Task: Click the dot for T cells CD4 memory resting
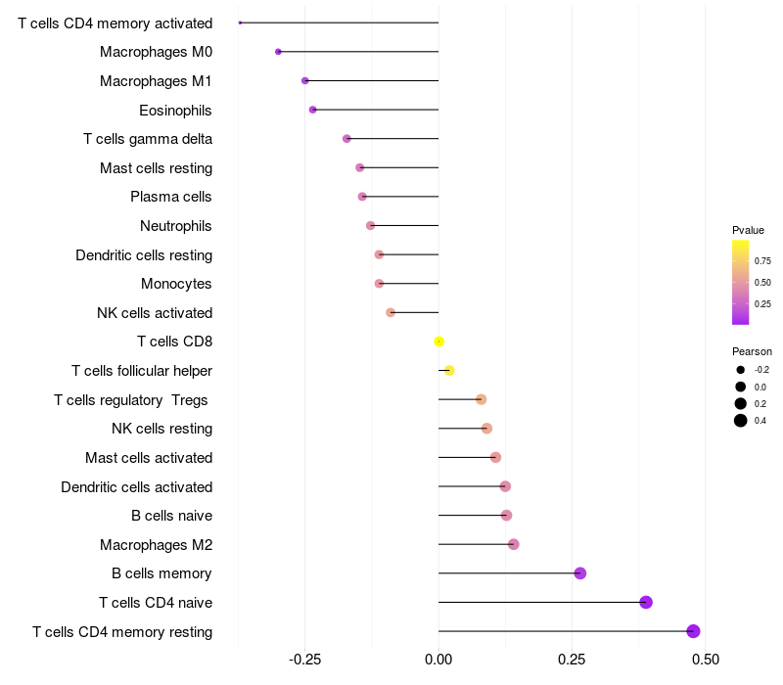coord(694,631)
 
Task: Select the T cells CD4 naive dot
coord(646,602)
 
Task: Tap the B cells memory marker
coord(580,573)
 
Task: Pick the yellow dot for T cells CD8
coord(439,342)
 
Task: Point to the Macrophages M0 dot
coord(279,52)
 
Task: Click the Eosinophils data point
coord(313,110)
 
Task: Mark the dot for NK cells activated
coord(391,313)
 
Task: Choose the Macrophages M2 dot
coord(514,544)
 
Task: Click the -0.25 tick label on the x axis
coord(304,659)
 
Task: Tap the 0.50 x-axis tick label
coord(705,659)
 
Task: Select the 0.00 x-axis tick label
coord(438,659)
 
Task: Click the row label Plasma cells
coord(171,197)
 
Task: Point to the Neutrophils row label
coord(176,226)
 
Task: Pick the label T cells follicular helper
coord(142,371)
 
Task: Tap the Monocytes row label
coord(176,284)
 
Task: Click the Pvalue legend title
coord(748,230)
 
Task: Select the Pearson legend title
coord(752,351)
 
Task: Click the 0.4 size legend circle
coord(741,421)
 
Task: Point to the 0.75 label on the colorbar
coord(762,261)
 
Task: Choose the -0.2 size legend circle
coord(741,370)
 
